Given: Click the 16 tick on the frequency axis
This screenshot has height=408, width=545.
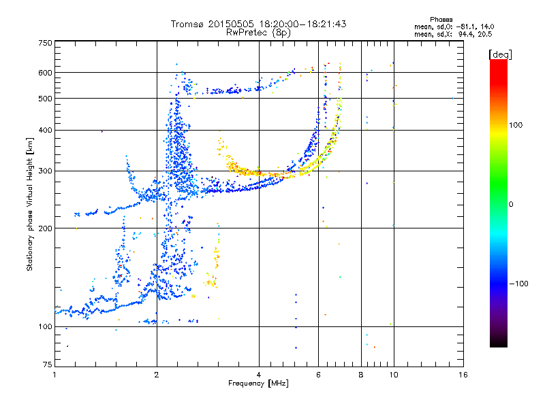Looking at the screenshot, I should (463, 375).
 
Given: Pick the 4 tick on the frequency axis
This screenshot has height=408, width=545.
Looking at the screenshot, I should (259, 375).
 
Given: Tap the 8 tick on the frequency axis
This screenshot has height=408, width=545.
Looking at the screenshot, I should (361, 375).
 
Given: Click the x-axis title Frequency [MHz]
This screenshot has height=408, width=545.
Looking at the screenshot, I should (258, 384).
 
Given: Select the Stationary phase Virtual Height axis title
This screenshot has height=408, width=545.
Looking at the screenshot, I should (30, 205).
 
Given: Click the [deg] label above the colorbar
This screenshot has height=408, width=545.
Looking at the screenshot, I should (500, 54).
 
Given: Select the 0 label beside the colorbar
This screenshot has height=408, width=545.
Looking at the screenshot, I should (512, 204).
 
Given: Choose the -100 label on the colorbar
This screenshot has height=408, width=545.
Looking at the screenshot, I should (519, 284).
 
